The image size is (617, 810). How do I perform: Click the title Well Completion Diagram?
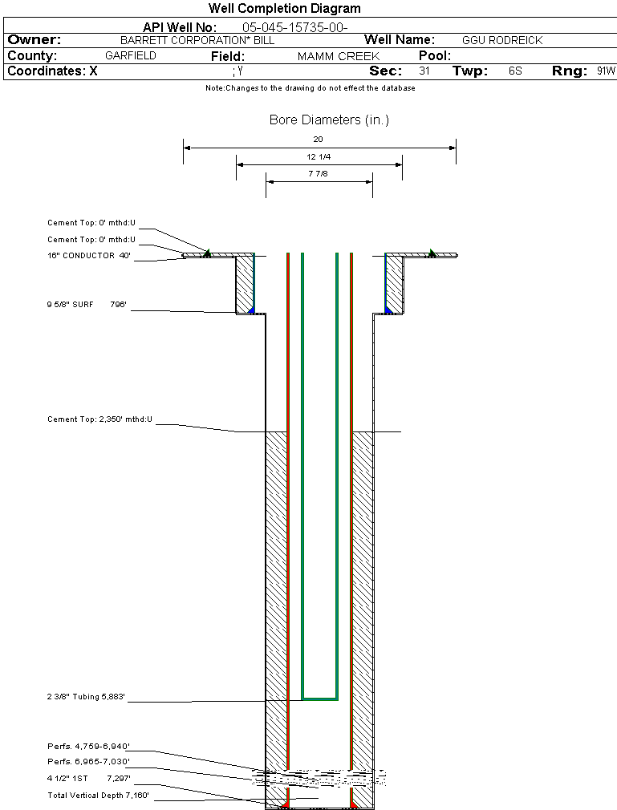point(284,9)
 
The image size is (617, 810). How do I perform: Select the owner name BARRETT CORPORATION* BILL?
point(197,40)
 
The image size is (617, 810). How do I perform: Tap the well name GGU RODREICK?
point(502,40)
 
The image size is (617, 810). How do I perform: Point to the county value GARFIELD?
point(131,56)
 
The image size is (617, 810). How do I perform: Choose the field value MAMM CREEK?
point(338,57)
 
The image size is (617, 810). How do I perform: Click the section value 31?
point(424,71)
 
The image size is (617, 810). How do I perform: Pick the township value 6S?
point(515,71)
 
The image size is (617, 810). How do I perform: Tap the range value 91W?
point(606,71)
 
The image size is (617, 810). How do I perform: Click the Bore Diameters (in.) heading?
point(329,120)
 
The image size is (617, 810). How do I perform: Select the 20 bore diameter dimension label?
point(318,139)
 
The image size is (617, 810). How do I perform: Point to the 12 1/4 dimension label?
point(319,156)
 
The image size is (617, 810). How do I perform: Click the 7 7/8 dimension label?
point(319,173)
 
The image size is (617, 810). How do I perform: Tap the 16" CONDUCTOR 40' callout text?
point(89,256)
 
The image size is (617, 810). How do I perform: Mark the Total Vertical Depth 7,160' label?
point(98,796)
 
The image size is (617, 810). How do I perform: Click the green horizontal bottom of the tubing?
point(319,699)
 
